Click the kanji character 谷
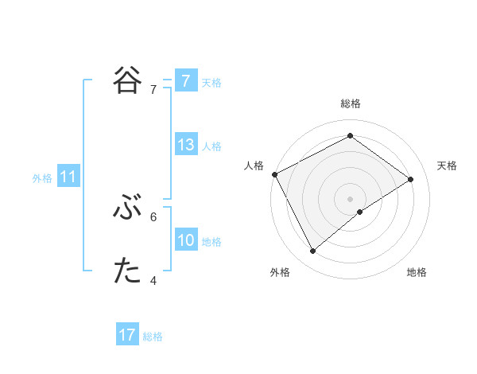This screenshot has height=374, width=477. click(128, 80)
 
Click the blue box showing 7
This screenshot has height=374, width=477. click(185, 81)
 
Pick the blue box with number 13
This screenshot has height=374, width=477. click(185, 146)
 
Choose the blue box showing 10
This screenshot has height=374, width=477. click(185, 241)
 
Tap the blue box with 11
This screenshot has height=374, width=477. click(68, 177)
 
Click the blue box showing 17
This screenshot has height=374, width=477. click(127, 335)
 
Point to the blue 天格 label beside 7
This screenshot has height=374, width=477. click(211, 82)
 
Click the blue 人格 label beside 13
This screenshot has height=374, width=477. click(211, 146)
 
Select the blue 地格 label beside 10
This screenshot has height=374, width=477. click(211, 242)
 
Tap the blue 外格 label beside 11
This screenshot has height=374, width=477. click(42, 178)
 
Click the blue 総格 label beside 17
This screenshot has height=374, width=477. click(153, 336)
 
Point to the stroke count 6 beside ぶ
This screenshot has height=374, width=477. click(153, 216)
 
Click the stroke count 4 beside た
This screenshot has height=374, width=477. click(153, 280)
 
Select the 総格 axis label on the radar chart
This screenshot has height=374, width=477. click(350, 103)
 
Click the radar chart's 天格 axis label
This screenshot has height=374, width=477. click(448, 166)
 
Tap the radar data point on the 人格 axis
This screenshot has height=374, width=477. click(274, 174)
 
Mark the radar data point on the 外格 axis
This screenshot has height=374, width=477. click(313, 251)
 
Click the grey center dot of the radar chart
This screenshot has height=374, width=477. click(350, 198)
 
